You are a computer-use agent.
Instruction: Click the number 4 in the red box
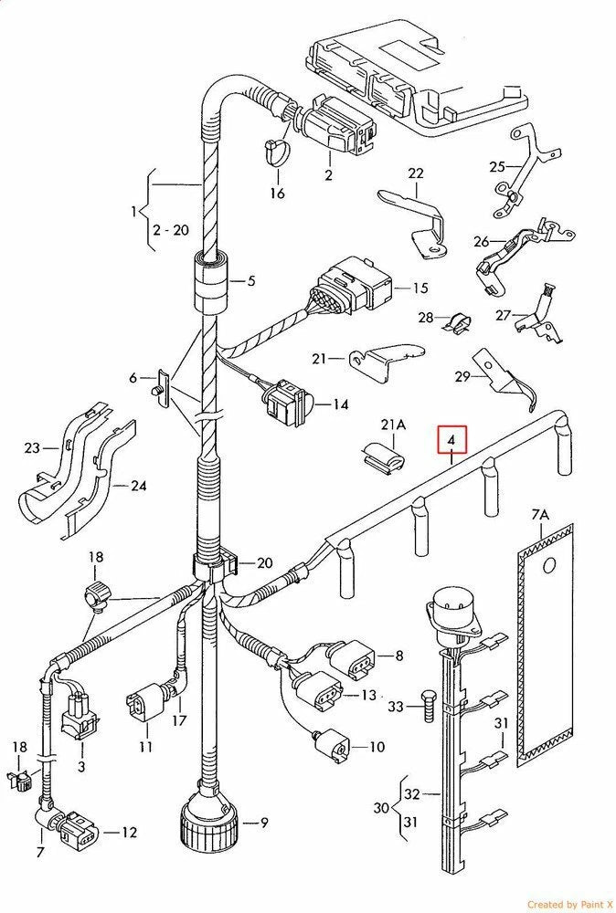(x=451, y=442)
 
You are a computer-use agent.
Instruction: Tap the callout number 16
(x=277, y=193)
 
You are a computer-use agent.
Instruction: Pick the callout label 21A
(x=393, y=425)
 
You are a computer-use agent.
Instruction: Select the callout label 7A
(x=540, y=516)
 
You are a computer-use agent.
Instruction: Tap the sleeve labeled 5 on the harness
(x=212, y=281)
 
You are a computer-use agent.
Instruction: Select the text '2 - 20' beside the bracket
(x=170, y=230)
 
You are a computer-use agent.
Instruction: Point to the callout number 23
(x=33, y=448)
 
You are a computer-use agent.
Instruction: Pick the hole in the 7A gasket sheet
(x=548, y=565)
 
